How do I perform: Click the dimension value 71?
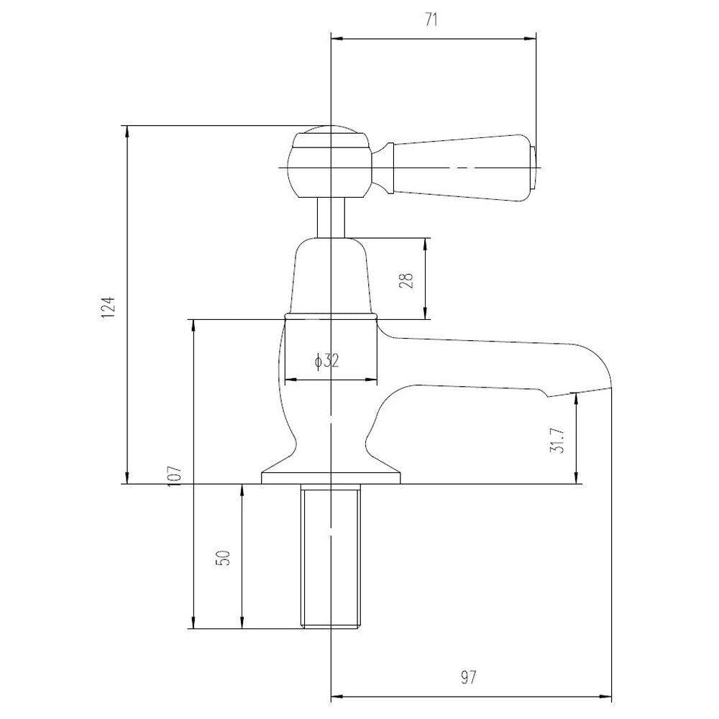point(431,21)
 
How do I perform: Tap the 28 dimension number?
point(406,280)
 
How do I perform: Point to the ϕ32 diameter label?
point(327,362)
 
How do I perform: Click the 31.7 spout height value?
point(557,441)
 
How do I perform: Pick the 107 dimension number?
point(175,476)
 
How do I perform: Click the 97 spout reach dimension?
point(468,677)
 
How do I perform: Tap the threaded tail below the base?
point(330,557)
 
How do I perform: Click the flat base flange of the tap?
point(331,478)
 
